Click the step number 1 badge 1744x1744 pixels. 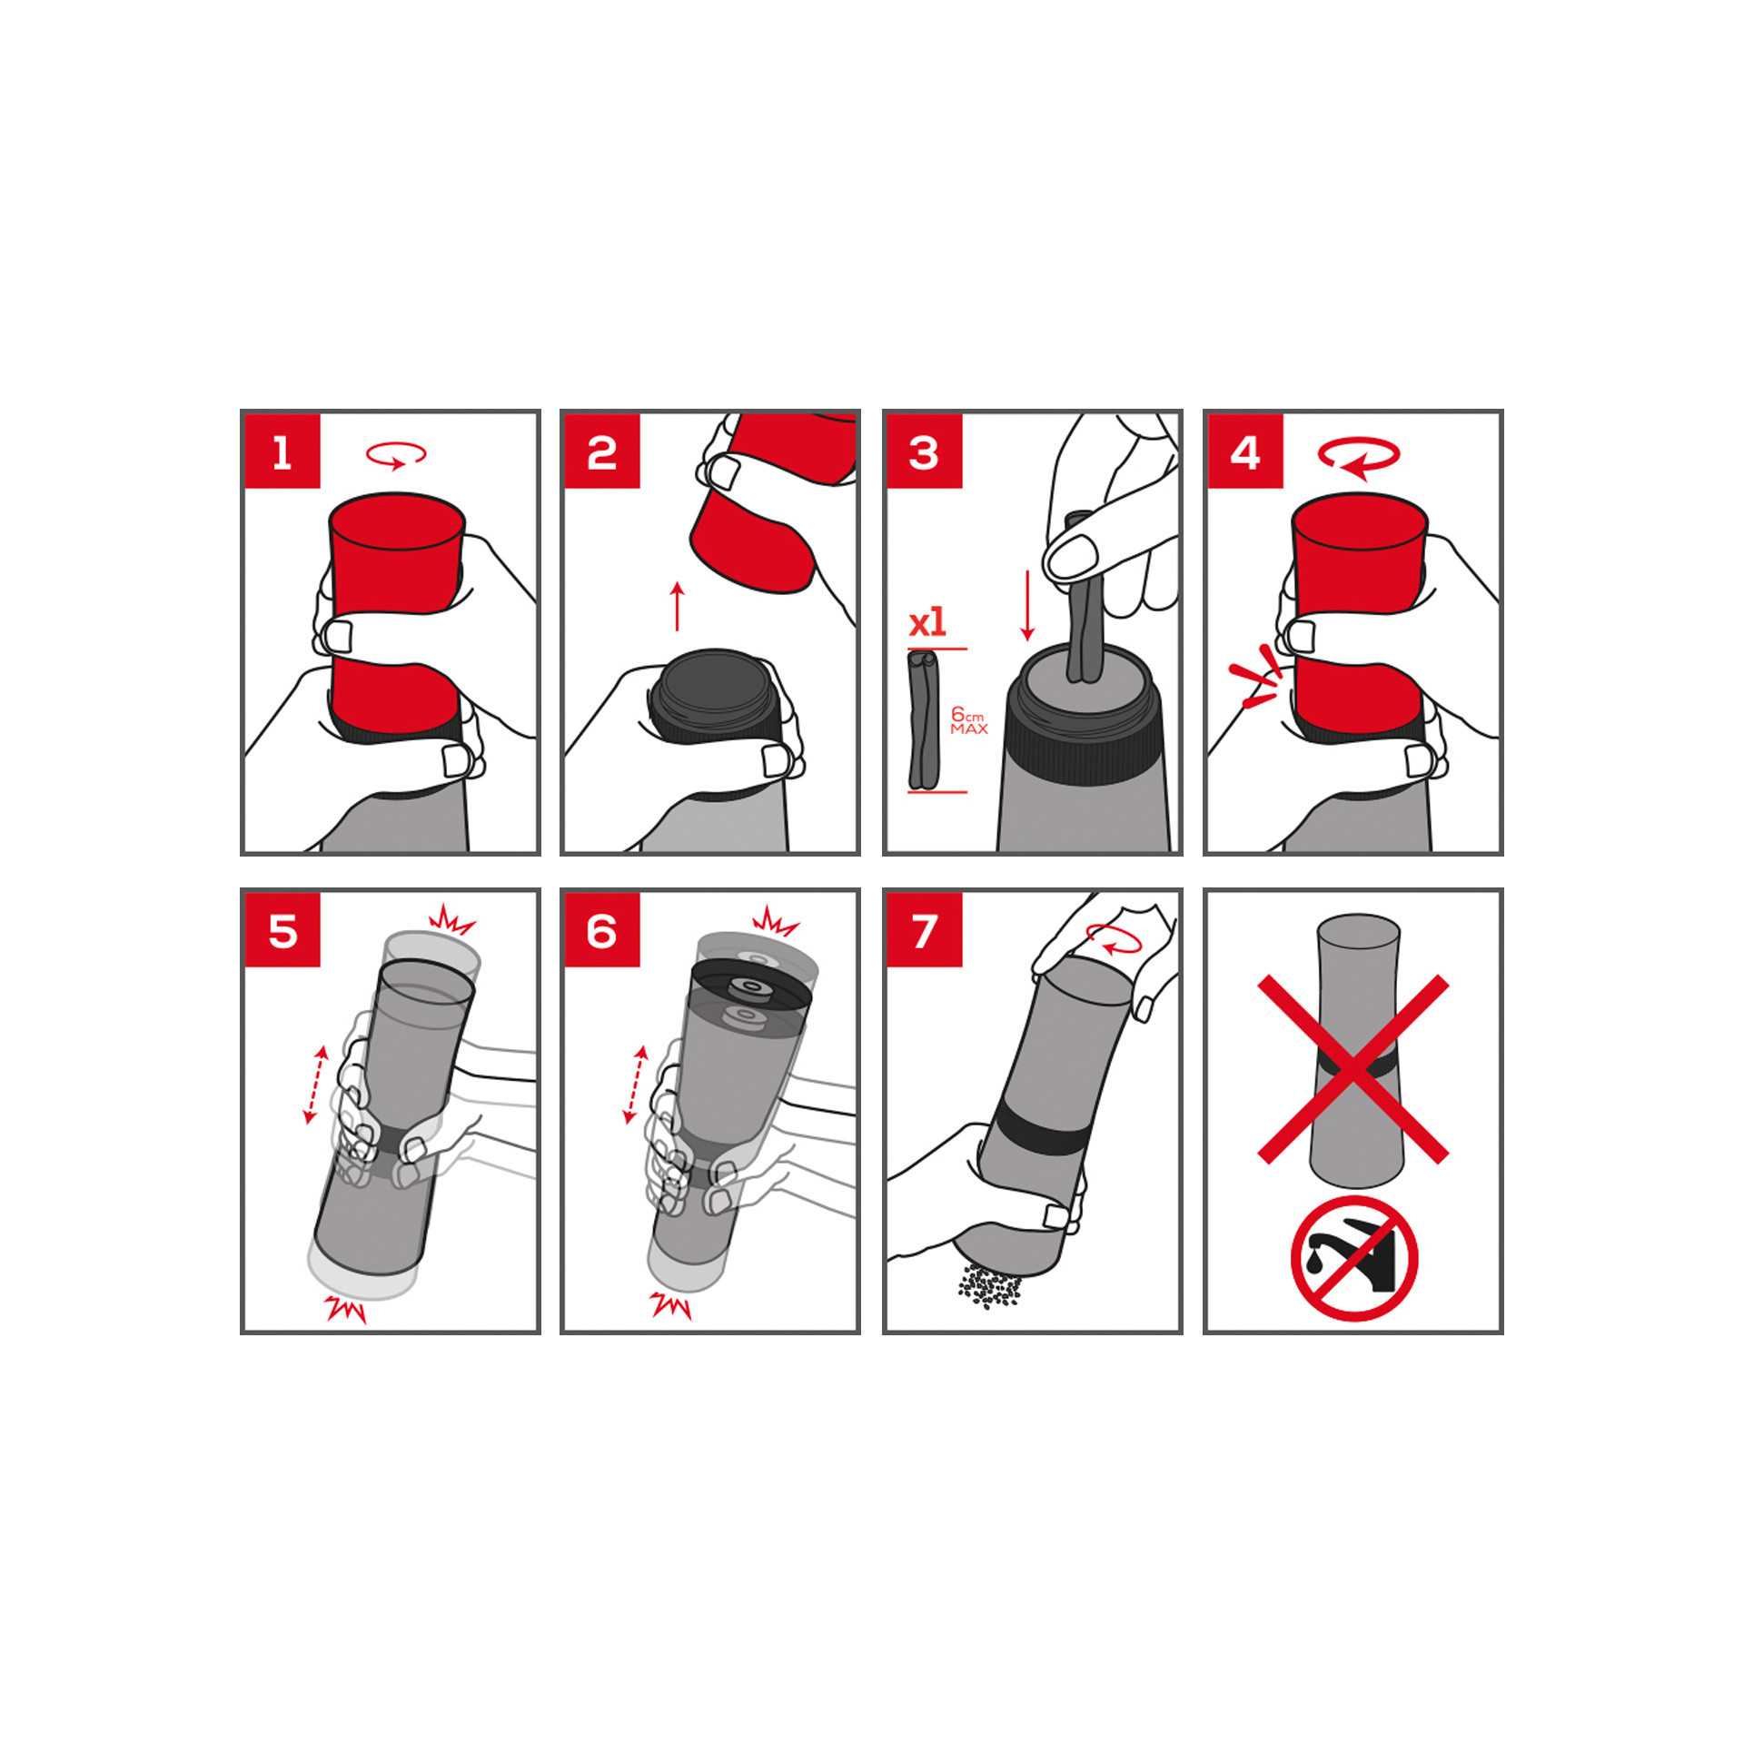point(282,451)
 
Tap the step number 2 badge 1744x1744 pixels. point(602,451)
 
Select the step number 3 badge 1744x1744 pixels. point(925,451)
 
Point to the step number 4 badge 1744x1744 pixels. point(1245,451)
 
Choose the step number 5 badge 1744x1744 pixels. point(282,930)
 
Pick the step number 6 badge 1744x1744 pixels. point(602,930)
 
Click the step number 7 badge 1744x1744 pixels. point(925,930)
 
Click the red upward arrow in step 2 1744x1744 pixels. point(678,606)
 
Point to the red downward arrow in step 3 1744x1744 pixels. point(1027,606)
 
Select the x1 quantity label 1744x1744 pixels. point(927,623)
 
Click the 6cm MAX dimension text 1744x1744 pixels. point(968,721)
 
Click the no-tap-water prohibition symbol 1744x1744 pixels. point(1354,1258)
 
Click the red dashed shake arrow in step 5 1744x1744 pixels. point(315,1085)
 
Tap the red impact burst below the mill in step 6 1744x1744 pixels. point(671,1306)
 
